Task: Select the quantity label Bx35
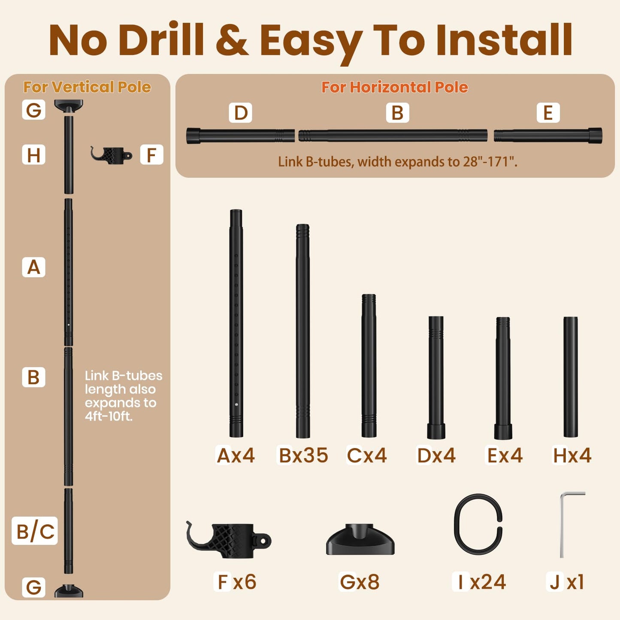click(x=303, y=455)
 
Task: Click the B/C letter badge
click(x=35, y=531)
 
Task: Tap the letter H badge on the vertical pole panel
click(x=33, y=155)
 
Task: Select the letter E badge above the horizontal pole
click(x=548, y=112)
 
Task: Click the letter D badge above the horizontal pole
click(x=240, y=112)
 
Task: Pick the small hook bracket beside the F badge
click(x=111, y=154)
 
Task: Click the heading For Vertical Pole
click(x=87, y=87)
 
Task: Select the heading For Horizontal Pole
click(x=394, y=87)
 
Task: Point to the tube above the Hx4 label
click(x=571, y=377)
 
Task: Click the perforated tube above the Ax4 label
click(x=236, y=323)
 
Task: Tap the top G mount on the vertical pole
click(x=69, y=105)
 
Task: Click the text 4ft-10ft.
click(x=109, y=416)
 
